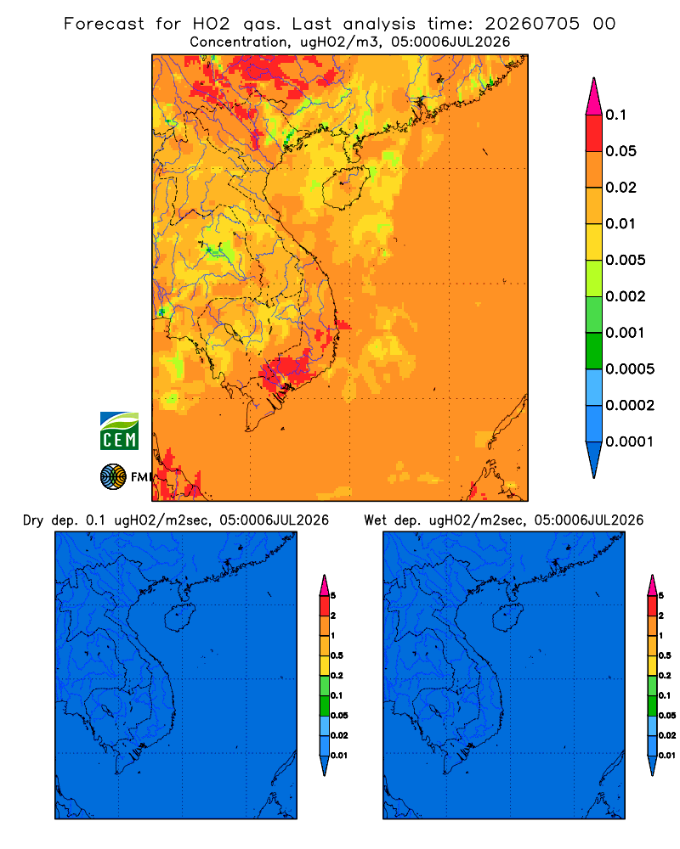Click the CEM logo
119,430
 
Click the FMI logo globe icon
113,476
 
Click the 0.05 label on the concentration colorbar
620,151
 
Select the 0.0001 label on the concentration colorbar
629,441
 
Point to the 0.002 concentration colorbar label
626,296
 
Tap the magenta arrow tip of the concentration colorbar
594,96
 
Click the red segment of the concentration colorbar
594,133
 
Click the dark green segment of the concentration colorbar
594,351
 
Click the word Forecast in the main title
104,24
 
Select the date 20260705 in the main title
532,24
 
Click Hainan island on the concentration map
345,188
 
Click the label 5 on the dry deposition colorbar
333,596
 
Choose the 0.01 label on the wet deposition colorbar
667,756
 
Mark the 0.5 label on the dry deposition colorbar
337,655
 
